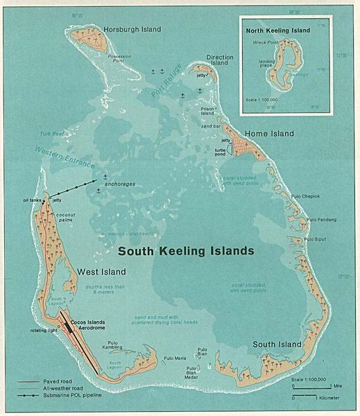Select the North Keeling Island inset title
tap(277, 31)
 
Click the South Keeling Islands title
tap(185, 250)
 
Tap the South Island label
tap(277, 344)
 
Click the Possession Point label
tap(124, 60)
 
